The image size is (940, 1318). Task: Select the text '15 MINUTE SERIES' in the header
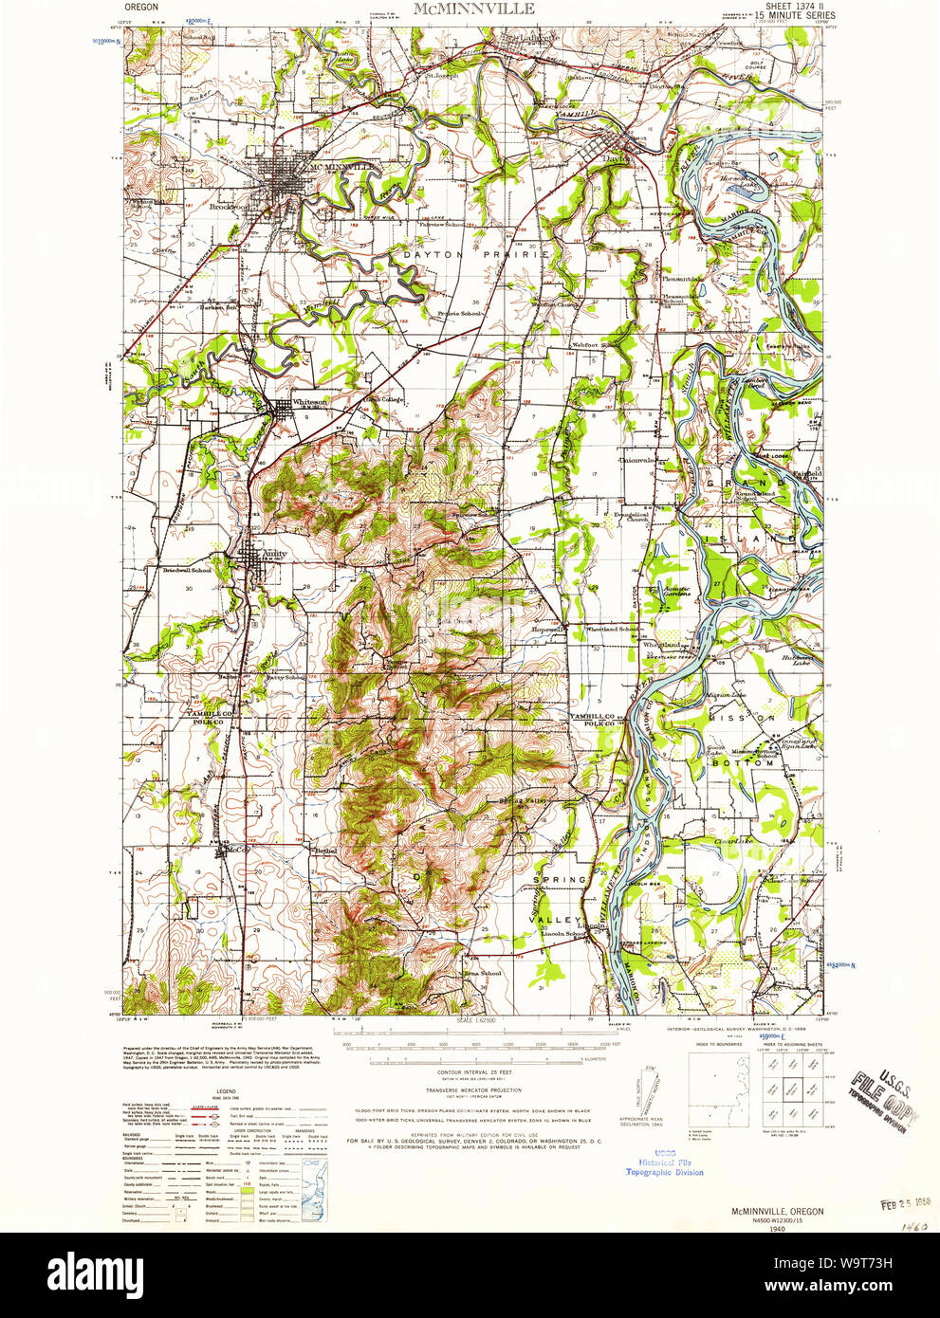(x=795, y=16)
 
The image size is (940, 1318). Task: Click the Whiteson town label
(x=310, y=402)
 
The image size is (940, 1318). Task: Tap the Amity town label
(x=275, y=553)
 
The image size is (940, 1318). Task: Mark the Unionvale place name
(x=636, y=460)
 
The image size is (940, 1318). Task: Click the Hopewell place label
(x=549, y=629)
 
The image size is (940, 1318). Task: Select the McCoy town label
(x=236, y=850)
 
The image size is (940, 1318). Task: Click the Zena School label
(x=482, y=973)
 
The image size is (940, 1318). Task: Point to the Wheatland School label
(x=612, y=629)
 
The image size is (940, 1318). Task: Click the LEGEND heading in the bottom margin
(x=225, y=1091)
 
